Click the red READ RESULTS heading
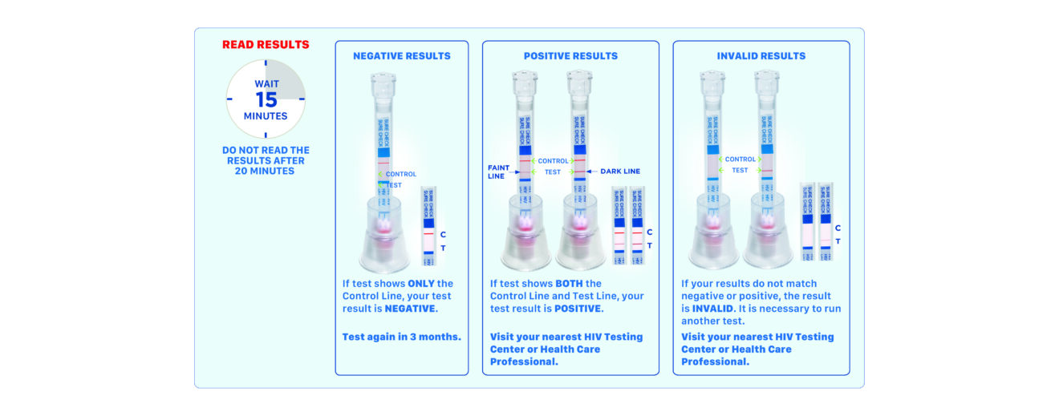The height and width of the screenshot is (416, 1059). pyautogui.click(x=266, y=45)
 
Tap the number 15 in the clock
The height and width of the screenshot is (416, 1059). pyautogui.click(x=266, y=100)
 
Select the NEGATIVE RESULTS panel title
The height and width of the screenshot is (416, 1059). pyautogui.click(x=402, y=56)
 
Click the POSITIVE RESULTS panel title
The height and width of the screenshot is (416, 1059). pyautogui.click(x=570, y=56)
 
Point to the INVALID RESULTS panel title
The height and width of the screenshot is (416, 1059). pyautogui.click(x=761, y=56)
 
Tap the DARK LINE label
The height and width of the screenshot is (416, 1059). pyautogui.click(x=619, y=172)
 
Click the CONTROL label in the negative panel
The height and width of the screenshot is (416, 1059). pyautogui.click(x=401, y=174)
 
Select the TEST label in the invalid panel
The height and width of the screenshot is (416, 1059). pyautogui.click(x=740, y=170)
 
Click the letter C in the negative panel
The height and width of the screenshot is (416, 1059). pyautogui.click(x=443, y=234)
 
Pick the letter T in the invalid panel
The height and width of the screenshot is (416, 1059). pyautogui.click(x=838, y=241)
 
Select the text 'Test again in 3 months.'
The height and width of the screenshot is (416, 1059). pyautogui.click(x=402, y=337)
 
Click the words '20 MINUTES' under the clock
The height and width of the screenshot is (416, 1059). pyautogui.click(x=266, y=171)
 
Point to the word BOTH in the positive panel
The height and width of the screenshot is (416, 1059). pyautogui.click(x=572, y=284)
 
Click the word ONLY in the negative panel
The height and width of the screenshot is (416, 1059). pyautogui.click(x=421, y=284)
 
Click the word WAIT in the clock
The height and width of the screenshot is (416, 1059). pyautogui.click(x=266, y=83)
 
